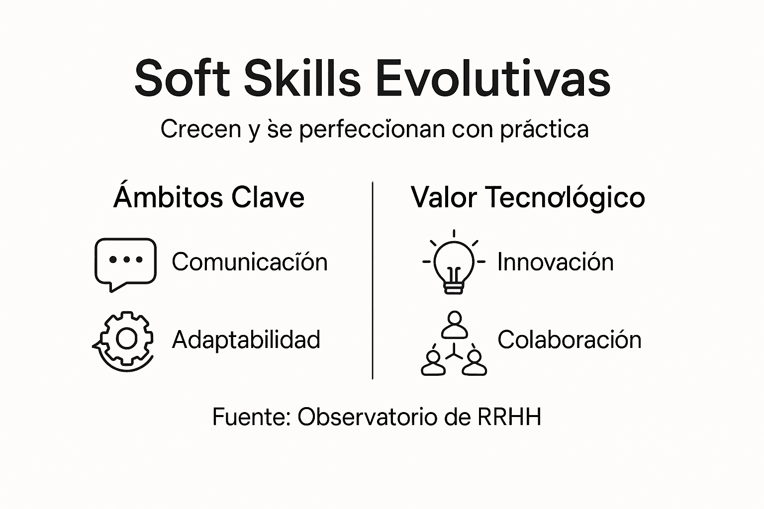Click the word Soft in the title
182,79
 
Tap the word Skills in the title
302,79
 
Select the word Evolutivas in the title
492,79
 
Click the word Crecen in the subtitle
200,129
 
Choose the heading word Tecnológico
565,198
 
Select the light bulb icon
454,262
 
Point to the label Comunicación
250,262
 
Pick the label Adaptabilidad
246,340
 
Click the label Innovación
555,262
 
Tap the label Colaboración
569,340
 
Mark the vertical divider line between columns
373,281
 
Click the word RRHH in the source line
509,417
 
